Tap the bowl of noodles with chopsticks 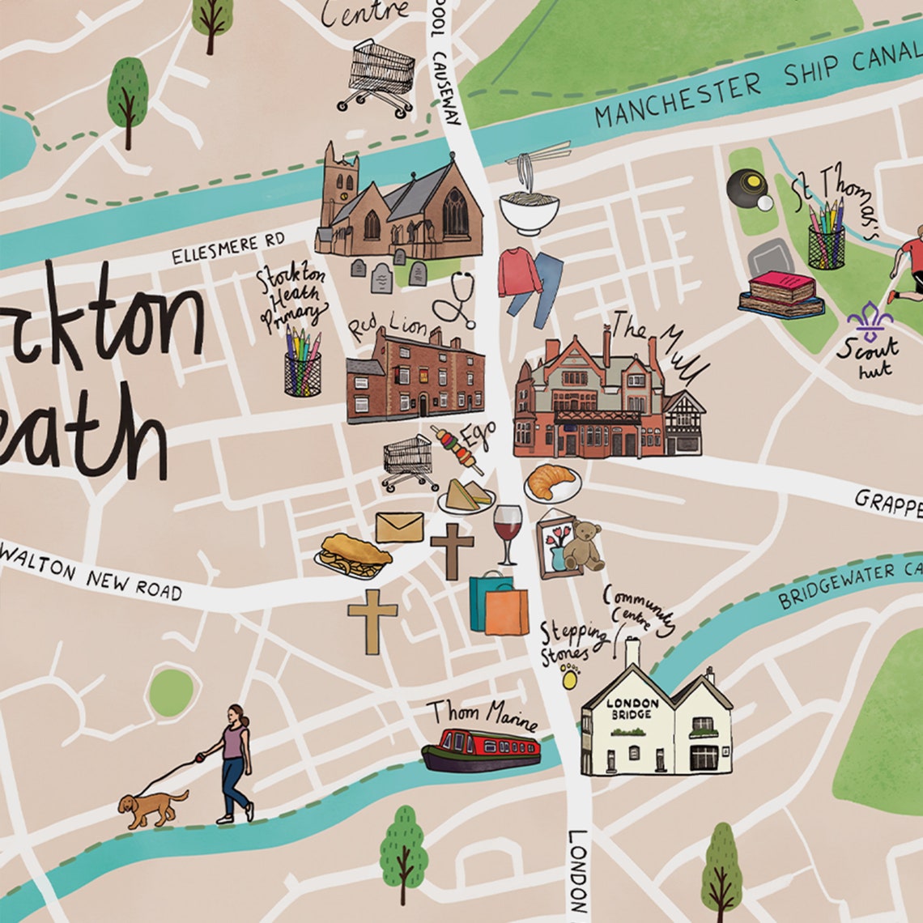pos(529,206)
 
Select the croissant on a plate pos(552,483)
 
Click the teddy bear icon pos(583,547)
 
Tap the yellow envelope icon pos(399,527)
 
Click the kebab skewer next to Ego pos(458,449)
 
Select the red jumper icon pos(519,273)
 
